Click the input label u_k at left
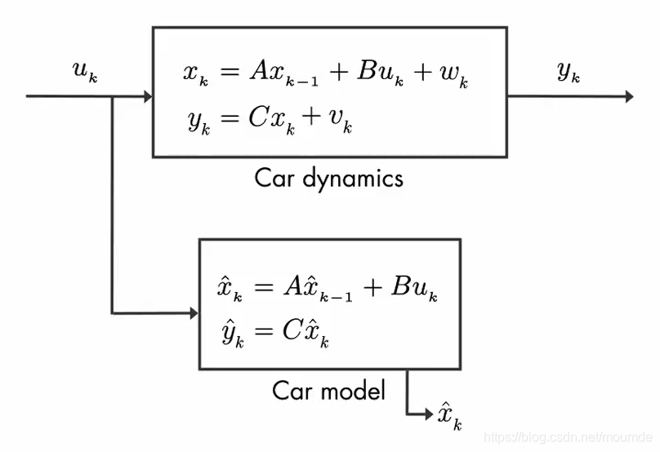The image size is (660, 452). click(86, 73)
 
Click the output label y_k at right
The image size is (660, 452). click(569, 73)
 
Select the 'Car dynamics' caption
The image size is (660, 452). click(328, 177)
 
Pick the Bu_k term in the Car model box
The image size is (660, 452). click(414, 288)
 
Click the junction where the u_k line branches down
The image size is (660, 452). click(112, 97)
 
